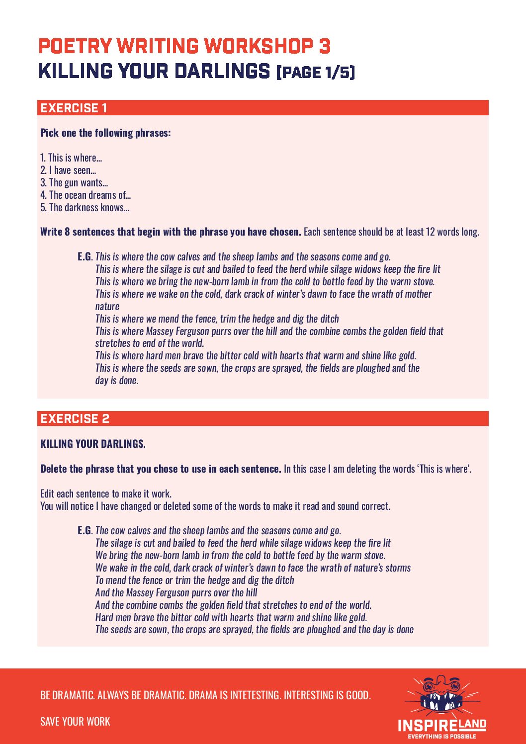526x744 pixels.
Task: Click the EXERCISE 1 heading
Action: point(74,108)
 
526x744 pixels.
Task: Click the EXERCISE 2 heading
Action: point(75,418)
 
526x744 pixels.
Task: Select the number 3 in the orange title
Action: point(324,46)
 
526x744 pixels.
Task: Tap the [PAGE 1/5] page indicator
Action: point(316,73)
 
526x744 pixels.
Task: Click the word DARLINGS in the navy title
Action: point(222,71)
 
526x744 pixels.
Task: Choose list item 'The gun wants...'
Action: point(74,182)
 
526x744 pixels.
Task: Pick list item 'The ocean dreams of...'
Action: point(86,195)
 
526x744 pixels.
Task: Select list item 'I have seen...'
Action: point(68,170)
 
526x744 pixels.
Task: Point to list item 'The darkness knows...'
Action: point(85,207)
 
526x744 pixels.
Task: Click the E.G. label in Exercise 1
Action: point(85,256)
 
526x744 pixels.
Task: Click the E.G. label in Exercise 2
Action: point(85,530)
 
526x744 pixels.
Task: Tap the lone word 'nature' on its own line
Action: point(107,306)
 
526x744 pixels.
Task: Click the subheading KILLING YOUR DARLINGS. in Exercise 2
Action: point(93,444)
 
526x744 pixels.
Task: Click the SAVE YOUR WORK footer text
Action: point(75,721)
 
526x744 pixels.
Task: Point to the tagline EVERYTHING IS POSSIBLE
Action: point(441,737)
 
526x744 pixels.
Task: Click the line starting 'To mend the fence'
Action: point(194,580)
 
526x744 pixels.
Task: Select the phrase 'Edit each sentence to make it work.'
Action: point(106,494)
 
